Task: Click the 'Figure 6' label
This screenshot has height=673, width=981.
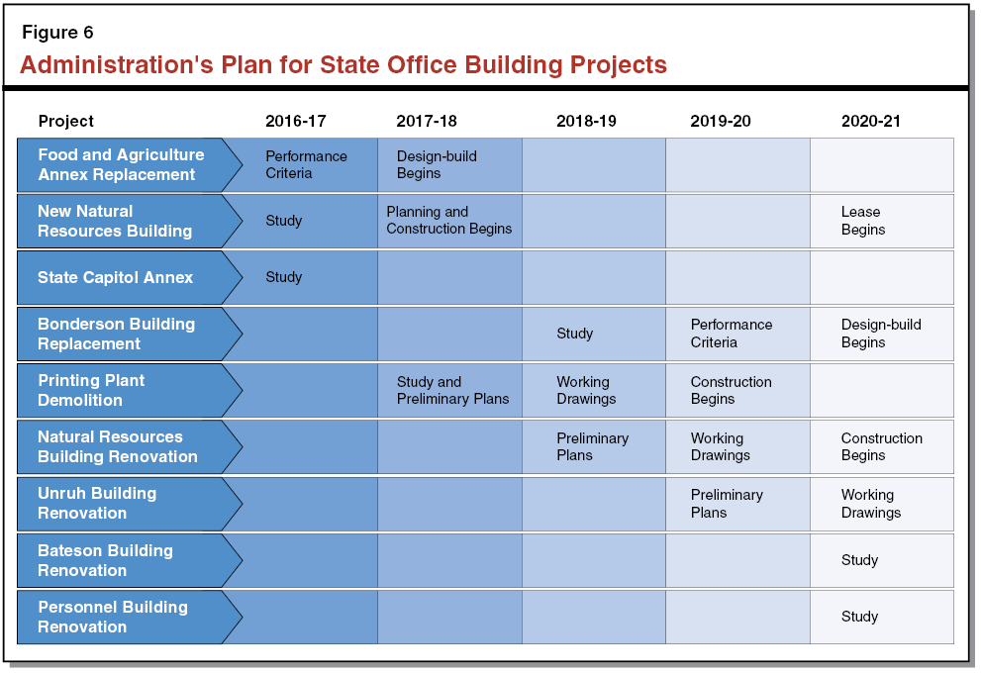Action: click(57, 33)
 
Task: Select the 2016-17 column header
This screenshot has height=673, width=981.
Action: click(295, 121)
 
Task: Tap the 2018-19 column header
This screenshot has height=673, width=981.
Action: click(586, 121)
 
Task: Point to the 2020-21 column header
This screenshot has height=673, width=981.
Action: click(871, 121)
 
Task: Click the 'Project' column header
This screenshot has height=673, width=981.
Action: click(66, 121)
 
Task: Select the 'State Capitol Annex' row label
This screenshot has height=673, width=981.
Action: click(116, 277)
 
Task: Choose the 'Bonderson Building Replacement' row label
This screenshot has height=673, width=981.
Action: click(116, 334)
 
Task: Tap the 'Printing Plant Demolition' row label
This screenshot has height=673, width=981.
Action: click(91, 390)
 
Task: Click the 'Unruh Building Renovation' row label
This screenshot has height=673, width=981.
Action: click(97, 503)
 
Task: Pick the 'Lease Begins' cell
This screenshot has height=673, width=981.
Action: click(863, 221)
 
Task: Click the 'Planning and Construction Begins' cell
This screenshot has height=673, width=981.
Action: click(448, 221)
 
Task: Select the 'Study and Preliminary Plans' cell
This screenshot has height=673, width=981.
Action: click(452, 390)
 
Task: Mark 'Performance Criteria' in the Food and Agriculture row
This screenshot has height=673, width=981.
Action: click(306, 164)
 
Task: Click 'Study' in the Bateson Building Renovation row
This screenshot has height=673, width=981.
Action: click(859, 560)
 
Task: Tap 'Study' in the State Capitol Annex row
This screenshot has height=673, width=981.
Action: click(283, 277)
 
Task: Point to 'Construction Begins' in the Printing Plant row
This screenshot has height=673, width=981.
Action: click(731, 390)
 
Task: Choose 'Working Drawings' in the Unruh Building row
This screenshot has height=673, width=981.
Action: click(871, 504)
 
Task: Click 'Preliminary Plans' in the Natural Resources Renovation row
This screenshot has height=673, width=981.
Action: click(592, 446)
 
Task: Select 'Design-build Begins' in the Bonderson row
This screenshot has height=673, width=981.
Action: click(881, 334)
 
